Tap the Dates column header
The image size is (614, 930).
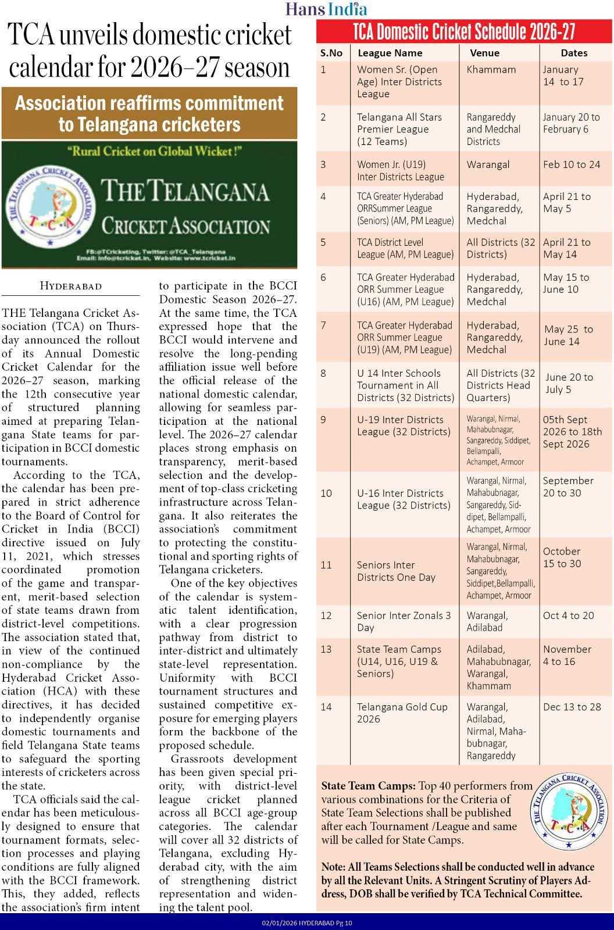574,53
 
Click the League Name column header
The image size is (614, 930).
390,53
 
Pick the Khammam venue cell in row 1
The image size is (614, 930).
491,70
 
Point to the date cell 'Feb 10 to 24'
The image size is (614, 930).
572,164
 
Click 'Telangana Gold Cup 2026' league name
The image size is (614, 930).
402,713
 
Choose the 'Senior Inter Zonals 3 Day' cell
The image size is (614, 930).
404,621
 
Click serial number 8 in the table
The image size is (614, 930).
324,373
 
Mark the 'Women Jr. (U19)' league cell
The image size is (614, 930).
400,170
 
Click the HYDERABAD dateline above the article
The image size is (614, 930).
71,286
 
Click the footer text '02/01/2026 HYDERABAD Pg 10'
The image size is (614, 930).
307,922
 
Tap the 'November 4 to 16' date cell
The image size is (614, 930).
567,655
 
